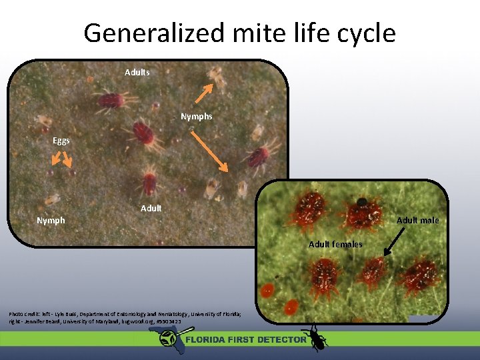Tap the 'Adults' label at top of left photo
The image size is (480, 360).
pos(137,72)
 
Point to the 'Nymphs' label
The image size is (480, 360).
pos(197,117)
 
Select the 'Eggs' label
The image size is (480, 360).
pos(61,141)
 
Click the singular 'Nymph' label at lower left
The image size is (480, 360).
pos(51,220)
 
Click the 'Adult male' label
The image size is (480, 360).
pos(418,220)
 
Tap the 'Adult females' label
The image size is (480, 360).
pos(335,244)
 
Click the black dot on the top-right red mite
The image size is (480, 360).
pos(362,201)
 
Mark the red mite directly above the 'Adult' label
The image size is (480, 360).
pos(150,183)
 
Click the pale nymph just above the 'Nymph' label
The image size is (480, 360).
pos(51,199)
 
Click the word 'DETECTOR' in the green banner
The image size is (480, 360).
pos(280,339)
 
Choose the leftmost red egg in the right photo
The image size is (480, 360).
pos(267,290)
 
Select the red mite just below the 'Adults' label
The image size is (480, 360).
pos(111,100)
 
